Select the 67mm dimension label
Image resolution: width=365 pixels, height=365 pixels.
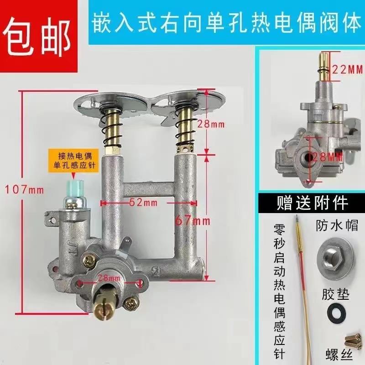click(x=192, y=221)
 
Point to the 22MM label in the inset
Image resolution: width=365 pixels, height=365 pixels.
click(x=346, y=70)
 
